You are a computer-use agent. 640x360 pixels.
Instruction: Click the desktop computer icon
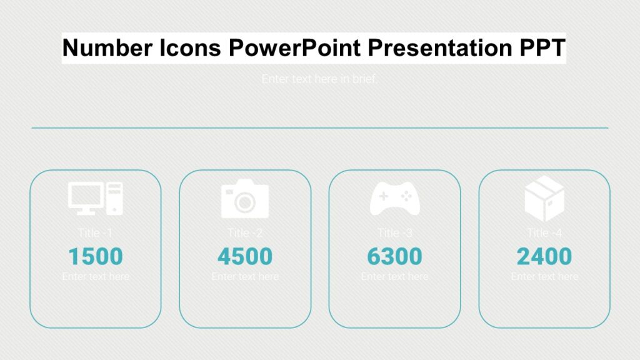pos(96,198)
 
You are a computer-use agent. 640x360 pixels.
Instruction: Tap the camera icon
pos(245,199)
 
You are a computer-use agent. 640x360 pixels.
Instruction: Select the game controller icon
pos(394,198)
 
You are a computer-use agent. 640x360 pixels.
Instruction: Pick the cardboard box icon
pos(544,198)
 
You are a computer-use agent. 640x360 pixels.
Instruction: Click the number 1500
pos(96,256)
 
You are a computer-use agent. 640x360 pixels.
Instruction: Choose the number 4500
pos(245,256)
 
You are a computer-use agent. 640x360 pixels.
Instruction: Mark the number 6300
pos(394,256)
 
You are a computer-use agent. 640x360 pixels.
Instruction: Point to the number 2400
pos(544,256)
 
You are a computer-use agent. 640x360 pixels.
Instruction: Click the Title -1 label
pos(96,233)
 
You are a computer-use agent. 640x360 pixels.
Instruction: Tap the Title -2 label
pos(245,233)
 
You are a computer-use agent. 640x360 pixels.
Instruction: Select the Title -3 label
pos(394,233)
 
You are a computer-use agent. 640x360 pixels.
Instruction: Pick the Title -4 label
pos(544,233)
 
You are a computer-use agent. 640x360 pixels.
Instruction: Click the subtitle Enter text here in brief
pos(319,79)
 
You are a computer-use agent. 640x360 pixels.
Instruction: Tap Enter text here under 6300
pos(394,276)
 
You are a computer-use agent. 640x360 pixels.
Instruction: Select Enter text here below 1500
pos(96,276)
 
